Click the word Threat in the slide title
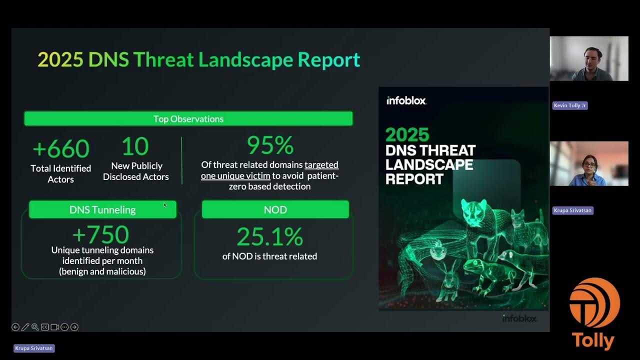(x=163, y=59)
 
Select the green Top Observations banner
(x=188, y=118)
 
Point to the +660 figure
(x=61, y=148)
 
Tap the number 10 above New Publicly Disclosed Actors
(x=135, y=146)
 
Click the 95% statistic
(x=270, y=145)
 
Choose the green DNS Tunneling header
(x=102, y=209)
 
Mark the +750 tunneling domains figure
(x=101, y=234)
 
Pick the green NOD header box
(x=275, y=209)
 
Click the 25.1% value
(x=270, y=236)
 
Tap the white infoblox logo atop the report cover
(x=406, y=100)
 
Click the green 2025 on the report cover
(x=407, y=134)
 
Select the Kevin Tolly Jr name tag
(x=570, y=105)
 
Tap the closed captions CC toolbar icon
(x=44, y=327)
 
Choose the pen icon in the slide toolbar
(x=25, y=327)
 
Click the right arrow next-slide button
(x=74, y=327)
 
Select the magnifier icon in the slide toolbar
(x=34, y=327)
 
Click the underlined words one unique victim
(x=235, y=175)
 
